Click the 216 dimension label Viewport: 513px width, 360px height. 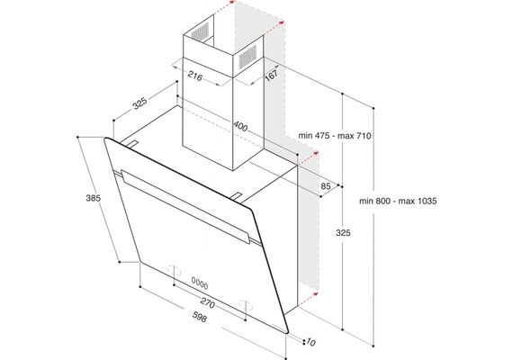click(195, 76)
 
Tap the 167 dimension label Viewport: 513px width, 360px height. click(272, 76)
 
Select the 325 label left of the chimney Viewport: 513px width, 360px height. click(139, 103)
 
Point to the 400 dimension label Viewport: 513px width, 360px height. click(240, 126)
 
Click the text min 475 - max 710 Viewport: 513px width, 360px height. click(335, 136)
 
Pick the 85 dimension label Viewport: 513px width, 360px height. click(326, 186)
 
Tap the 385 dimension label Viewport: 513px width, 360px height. click(94, 198)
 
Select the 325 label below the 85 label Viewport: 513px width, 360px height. click(343, 233)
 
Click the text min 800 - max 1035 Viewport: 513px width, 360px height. click(398, 201)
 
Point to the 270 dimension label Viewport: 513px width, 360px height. click(207, 302)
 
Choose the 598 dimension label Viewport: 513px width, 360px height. click(199, 317)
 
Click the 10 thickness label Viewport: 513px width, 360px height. click(310, 343)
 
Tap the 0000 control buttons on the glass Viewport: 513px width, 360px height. click(200, 283)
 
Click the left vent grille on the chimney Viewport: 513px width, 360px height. click(200, 31)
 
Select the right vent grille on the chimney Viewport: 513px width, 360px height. click(247, 57)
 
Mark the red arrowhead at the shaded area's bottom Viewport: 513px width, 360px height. click(315, 294)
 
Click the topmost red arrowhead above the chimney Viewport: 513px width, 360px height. click(232, 2)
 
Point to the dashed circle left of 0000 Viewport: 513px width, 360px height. click(174, 270)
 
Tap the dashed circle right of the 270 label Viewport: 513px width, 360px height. click(246, 306)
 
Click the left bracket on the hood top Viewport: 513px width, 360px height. click(130, 144)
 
